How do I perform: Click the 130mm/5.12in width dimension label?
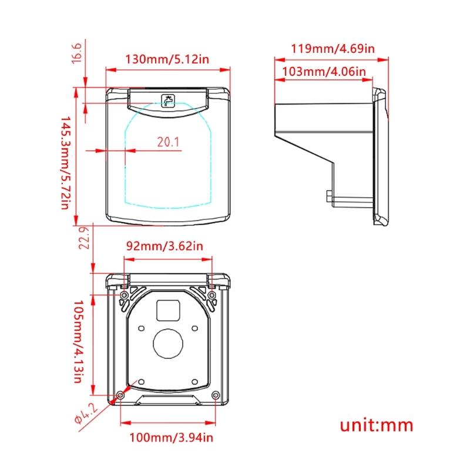[x=167, y=59]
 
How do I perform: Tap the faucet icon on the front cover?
[x=169, y=100]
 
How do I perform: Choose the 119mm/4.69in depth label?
[x=333, y=49]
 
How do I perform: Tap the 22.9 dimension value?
[x=83, y=238]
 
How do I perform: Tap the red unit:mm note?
[x=376, y=425]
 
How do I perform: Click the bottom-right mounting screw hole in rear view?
[x=215, y=394]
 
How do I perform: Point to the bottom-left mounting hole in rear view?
[x=120, y=394]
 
